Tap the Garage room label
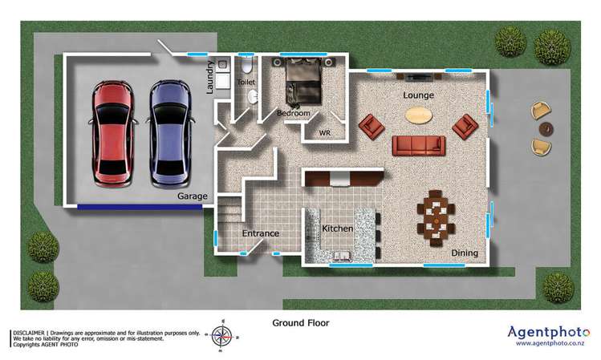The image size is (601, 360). (x=193, y=196)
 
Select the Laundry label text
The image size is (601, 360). (x=210, y=78)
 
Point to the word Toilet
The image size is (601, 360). (x=246, y=82)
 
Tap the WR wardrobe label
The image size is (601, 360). (x=326, y=132)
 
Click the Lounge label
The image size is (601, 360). (x=418, y=95)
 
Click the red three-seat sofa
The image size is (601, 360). (x=418, y=145)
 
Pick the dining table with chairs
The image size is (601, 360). (x=436, y=214)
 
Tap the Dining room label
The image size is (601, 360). (x=464, y=253)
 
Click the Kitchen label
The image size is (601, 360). (x=338, y=229)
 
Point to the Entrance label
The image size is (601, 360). (x=261, y=233)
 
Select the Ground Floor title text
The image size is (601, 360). (x=301, y=323)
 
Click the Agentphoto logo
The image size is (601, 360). (x=549, y=330)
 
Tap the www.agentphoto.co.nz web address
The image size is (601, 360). (x=549, y=343)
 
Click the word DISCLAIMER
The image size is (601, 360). (x=27, y=331)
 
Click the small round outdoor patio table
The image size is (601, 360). (x=546, y=128)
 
